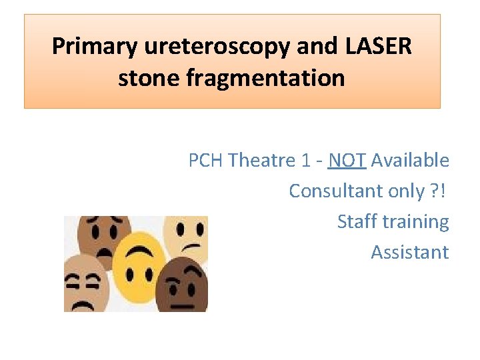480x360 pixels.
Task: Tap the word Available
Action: (410, 161)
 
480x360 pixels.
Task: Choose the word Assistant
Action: (409, 253)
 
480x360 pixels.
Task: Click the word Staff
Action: (356, 222)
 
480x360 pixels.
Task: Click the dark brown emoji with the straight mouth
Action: (184, 287)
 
